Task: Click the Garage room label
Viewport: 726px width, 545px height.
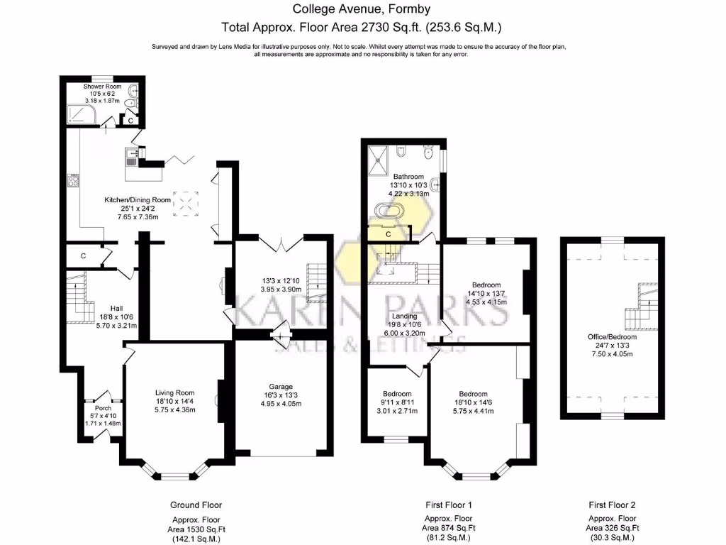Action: (281, 387)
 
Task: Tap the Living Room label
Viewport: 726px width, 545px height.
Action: (174, 393)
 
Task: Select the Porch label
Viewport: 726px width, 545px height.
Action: (103, 408)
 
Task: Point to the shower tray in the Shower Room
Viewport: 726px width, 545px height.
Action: (82, 114)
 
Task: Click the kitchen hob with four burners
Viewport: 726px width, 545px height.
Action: (73, 180)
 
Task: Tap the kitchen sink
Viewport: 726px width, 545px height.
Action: (131, 157)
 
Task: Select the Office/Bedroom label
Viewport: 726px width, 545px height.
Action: (612, 337)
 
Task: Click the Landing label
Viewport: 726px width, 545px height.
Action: (404, 316)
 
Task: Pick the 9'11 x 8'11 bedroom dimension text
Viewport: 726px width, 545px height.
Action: (397, 402)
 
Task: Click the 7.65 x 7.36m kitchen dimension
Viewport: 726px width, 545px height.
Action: (138, 217)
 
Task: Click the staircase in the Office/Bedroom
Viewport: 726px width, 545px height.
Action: (642, 306)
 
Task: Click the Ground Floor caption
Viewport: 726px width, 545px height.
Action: (196, 505)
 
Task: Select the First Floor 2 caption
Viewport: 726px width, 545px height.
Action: (612, 505)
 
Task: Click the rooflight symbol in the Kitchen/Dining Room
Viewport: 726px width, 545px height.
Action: (186, 204)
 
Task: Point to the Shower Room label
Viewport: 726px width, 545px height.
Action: (102, 86)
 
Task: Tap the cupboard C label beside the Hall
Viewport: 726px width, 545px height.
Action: (84, 255)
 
